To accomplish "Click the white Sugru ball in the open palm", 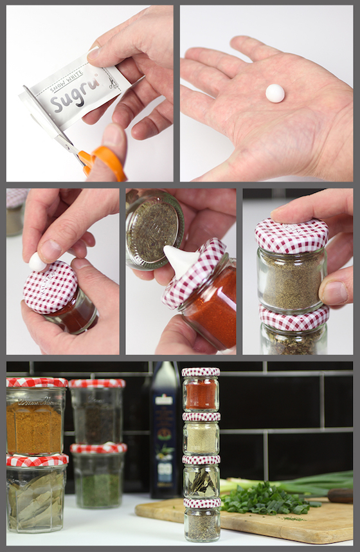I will click(x=275, y=93).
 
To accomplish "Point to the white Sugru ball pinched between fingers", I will click(x=38, y=262).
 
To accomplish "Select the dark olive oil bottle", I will click(x=165, y=437).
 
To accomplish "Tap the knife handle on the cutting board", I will click(x=340, y=495).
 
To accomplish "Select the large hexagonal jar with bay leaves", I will click(x=36, y=499).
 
